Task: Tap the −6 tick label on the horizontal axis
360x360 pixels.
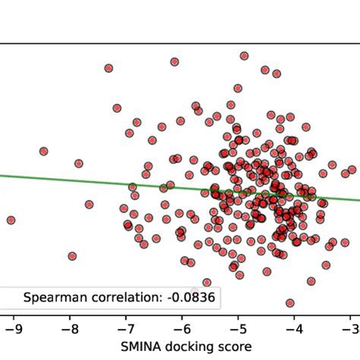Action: [181, 329]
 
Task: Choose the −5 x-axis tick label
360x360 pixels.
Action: [237, 329]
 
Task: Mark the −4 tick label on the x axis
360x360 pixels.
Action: [293, 329]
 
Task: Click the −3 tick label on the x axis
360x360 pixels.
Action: [349, 329]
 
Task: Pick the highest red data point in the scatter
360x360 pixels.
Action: [244, 55]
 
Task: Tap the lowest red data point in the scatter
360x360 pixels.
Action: [289, 303]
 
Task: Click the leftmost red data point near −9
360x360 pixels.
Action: [11, 220]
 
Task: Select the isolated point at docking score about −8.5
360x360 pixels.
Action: [43, 151]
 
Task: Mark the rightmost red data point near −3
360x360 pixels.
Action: [352, 170]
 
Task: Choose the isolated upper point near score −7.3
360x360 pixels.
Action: [109, 68]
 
